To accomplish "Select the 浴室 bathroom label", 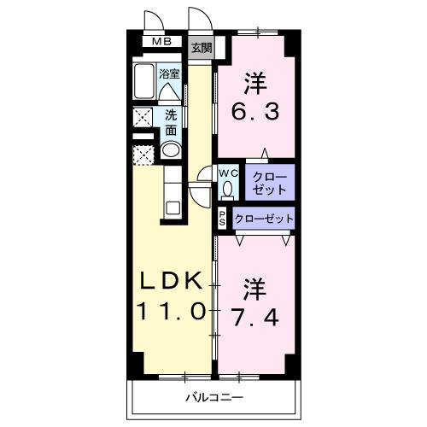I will pyautogui.click(x=169, y=73).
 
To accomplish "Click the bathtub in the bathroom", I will pyautogui.click(x=144, y=83).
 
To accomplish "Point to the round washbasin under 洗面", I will pyautogui.click(x=170, y=151).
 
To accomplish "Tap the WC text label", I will pyautogui.click(x=228, y=172).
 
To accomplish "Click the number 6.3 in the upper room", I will pyautogui.click(x=254, y=110).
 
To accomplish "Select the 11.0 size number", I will pyautogui.click(x=169, y=312).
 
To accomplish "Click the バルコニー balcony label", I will pyautogui.click(x=214, y=398).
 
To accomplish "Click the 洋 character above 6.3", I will pyautogui.click(x=254, y=83).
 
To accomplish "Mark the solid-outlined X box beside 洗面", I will pyautogui.click(x=143, y=117).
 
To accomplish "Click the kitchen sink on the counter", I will pyautogui.click(x=171, y=206).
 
